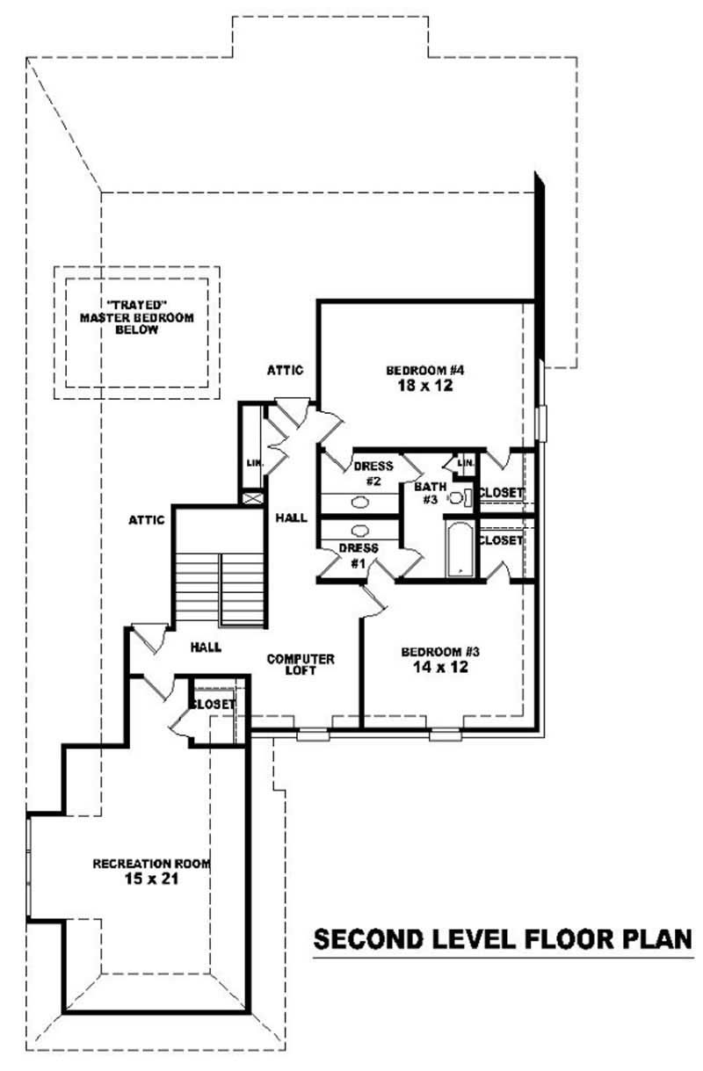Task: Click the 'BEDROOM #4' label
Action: click(x=418, y=370)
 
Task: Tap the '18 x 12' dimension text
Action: click(x=418, y=386)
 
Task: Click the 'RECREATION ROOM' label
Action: click(x=152, y=864)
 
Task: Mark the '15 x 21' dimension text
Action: click(x=152, y=879)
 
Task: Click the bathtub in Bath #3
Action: click(x=460, y=550)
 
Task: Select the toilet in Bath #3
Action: click(x=458, y=497)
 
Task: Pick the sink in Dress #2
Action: click(x=360, y=503)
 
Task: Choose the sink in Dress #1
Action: click(x=360, y=531)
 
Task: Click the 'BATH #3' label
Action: click(x=431, y=492)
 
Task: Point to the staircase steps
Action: click(x=221, y=587)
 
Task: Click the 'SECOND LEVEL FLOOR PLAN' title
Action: click(x=504, y=939)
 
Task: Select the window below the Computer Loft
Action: click(x=312, y=735)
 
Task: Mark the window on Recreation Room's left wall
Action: click(x=29, y=866)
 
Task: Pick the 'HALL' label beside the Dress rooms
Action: click(x=291, y=518)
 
